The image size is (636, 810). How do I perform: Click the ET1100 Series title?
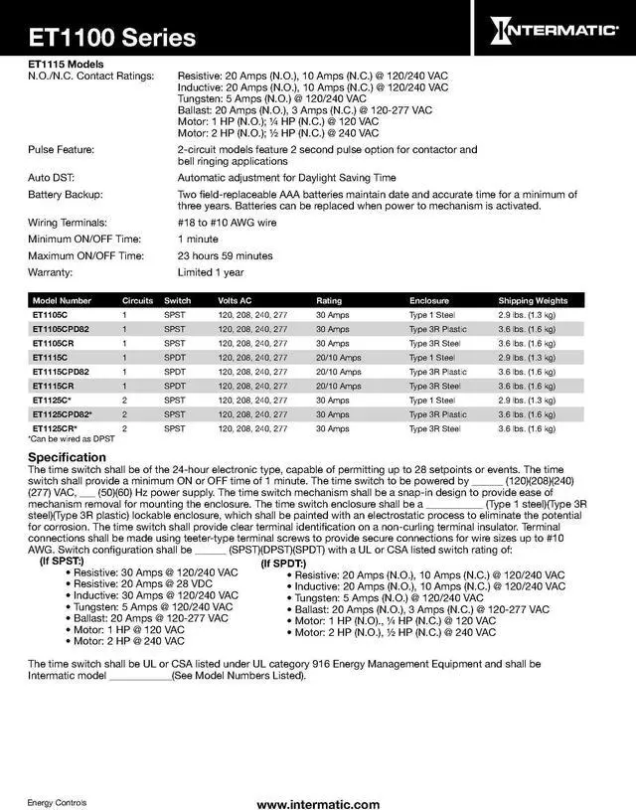(x=111, y=39)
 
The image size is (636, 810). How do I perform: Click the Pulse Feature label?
(x=61, y=149)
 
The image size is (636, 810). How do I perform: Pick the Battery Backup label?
(x=66, y=195)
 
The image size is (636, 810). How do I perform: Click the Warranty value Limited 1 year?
(x=210, y=271)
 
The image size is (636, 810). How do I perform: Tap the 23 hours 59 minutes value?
(x=225, y=255)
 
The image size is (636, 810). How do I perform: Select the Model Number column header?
(x=62, y=300)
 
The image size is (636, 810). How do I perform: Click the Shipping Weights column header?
(x=533, y=300)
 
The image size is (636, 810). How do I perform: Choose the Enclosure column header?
(x=429, y=300)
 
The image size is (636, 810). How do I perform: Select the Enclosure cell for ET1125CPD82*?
(x=437, y=414)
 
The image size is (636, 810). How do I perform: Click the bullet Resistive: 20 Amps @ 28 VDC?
(x=150, y=584)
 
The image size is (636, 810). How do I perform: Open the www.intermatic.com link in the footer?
(x=318, y=804)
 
